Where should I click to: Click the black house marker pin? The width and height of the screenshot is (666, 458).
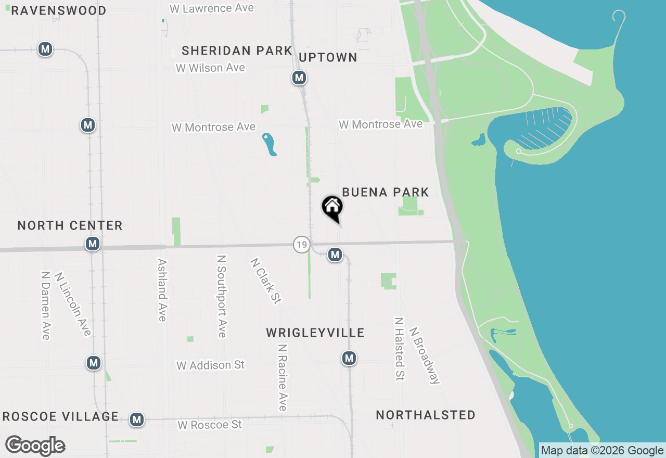(x=332, y=208)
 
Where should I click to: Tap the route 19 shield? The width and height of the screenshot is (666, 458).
(x=301, y=244)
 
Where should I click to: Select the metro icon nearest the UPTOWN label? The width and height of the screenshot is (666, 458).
(x=299, y=78)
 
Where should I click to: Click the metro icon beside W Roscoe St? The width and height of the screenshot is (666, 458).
(x=137, y=419)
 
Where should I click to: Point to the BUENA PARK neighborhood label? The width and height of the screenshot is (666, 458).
(x=386, y=193)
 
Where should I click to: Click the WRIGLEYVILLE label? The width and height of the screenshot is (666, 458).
(x=315, y=333)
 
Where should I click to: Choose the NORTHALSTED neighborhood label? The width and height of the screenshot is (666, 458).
(x=426, y=415)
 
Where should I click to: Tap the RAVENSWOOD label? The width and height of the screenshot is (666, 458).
(x=59, y=10)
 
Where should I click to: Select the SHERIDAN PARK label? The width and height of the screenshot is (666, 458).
(x=237, y=50)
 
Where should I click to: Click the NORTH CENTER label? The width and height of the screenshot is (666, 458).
(x=70, y=226)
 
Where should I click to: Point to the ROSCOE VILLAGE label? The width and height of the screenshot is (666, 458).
(x=61, y=417)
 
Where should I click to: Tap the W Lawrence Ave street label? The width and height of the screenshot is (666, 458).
(x=212, y=8)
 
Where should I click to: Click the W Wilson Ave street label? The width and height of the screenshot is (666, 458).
(x=210, y=68)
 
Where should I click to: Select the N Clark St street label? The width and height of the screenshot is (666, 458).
(x=266, y=281)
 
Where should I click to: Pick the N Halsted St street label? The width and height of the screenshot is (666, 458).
(x=399, y=349)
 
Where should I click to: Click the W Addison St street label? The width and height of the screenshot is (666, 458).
(x=210, y=365)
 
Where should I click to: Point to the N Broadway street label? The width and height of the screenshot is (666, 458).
(x=425, y=355)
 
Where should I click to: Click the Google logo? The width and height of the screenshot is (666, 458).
(x=35, y=446)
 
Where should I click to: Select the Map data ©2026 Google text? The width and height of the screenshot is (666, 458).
(x=602, y=451)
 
